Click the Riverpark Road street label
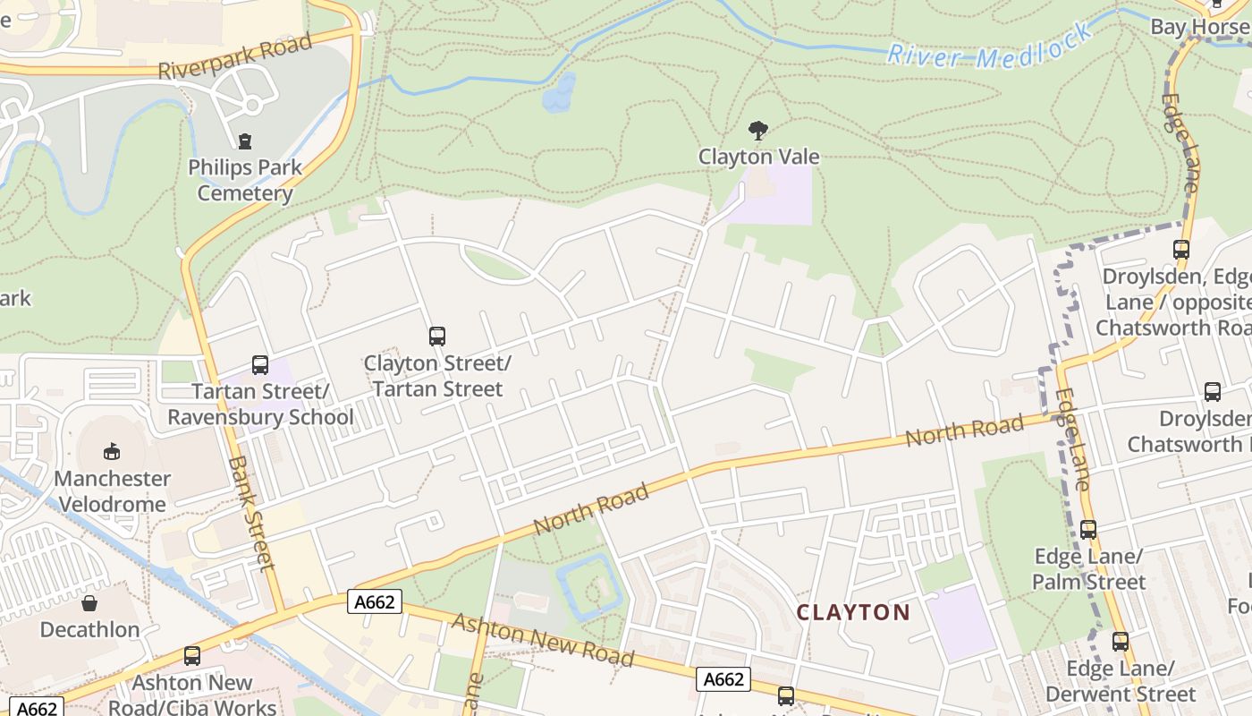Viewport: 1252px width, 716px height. point(235,55)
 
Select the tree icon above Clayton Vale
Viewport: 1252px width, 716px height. point(758,131)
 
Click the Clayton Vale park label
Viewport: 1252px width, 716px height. point(758,157)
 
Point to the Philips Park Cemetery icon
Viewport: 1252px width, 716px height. point(244,141)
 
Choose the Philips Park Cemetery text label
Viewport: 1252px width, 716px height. point(244,180)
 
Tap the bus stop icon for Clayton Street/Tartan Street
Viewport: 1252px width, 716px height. point(436,337)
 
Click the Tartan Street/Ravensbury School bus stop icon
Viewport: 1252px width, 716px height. point(260,365)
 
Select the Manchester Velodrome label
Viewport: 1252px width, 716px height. point(112,491)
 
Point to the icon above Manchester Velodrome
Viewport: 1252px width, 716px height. point(112,450)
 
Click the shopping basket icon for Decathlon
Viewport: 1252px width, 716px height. point(89,603)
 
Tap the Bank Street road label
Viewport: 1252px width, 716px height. point(250,513)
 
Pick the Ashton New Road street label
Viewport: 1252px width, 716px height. point(542,639)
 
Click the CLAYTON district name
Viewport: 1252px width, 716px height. point(852,613)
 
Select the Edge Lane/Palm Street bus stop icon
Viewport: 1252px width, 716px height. point(1087,529)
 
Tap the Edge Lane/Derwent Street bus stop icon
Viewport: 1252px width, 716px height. point(1120,642)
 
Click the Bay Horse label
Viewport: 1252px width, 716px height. point(1198,27)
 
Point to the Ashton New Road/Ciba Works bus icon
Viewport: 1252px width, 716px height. point(191,656)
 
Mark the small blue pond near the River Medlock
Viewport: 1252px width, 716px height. point(559,93)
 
